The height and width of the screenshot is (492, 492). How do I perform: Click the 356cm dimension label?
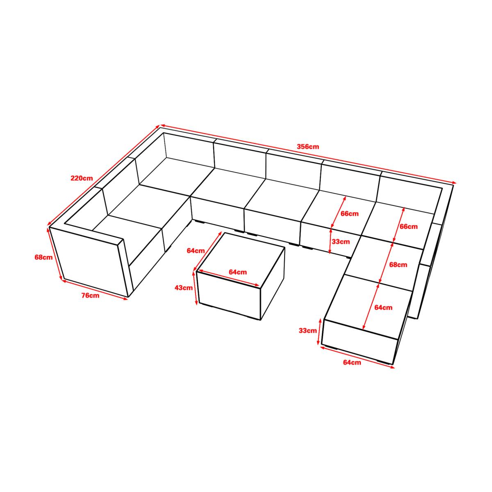tap(307, 147)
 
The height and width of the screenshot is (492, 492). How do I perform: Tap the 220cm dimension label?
tap(82, 178)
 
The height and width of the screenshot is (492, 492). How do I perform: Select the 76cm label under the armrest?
tap(90, 296)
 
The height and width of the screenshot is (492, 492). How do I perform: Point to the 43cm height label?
tap(184, 288)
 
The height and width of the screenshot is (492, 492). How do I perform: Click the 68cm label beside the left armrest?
tap(43, 257)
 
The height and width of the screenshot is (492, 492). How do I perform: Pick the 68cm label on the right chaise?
tap(398, 265)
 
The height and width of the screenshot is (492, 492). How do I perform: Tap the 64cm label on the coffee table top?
tap(238, 272)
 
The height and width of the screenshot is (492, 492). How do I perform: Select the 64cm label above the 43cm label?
tap(196, 251)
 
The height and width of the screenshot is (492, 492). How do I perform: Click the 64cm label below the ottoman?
tap(352, 362)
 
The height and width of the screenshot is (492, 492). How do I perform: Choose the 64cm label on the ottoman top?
tap(383, 307)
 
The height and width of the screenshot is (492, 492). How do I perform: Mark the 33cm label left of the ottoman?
tap(308, 330)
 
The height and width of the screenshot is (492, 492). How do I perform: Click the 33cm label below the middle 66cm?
tap(341, 241)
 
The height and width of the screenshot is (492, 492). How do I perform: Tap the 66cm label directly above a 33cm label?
tap(350, 214)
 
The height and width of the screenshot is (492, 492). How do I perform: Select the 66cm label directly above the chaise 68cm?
tap(408, 226)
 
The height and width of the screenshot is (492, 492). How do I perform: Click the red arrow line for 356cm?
tap(308, 154)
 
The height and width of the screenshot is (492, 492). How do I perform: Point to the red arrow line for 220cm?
tap(104, 175)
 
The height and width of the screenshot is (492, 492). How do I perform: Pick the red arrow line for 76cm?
tap(95, 289)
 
